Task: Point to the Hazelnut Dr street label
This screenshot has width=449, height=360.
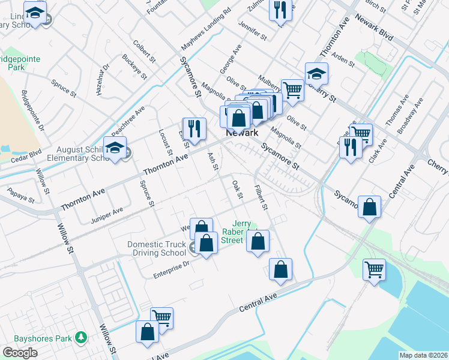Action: (99, 80)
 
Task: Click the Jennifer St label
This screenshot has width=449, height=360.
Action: (252, 31)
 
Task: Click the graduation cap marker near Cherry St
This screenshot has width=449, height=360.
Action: (316, 74)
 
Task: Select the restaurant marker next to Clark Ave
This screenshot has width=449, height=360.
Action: (350, 146)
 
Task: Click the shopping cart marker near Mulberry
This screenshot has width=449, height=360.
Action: (292, 90)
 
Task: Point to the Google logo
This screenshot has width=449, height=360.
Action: (20, 353)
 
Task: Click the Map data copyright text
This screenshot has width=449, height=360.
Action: (423, 355)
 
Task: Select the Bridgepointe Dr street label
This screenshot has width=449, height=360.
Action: (33, 110)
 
